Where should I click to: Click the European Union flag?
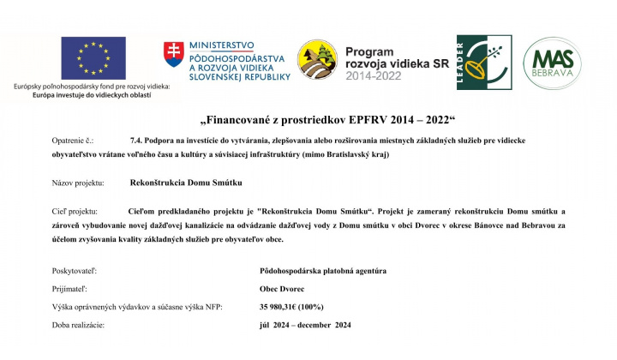(93, 58)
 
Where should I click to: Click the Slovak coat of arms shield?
(173, 55)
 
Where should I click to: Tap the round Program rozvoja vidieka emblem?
(316, 61)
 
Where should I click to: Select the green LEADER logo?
(484, 63)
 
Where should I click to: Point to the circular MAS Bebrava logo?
(554, 63)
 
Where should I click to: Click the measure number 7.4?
(136, 138)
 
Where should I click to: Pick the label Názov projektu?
(78, 183)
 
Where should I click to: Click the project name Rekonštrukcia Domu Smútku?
(186, 183)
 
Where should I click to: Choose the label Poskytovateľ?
(75, 272)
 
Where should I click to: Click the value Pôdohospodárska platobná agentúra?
(323, 272)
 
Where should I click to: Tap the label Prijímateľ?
(70, 290)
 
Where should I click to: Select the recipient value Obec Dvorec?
(282, 290)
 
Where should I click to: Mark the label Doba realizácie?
(78, 327)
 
